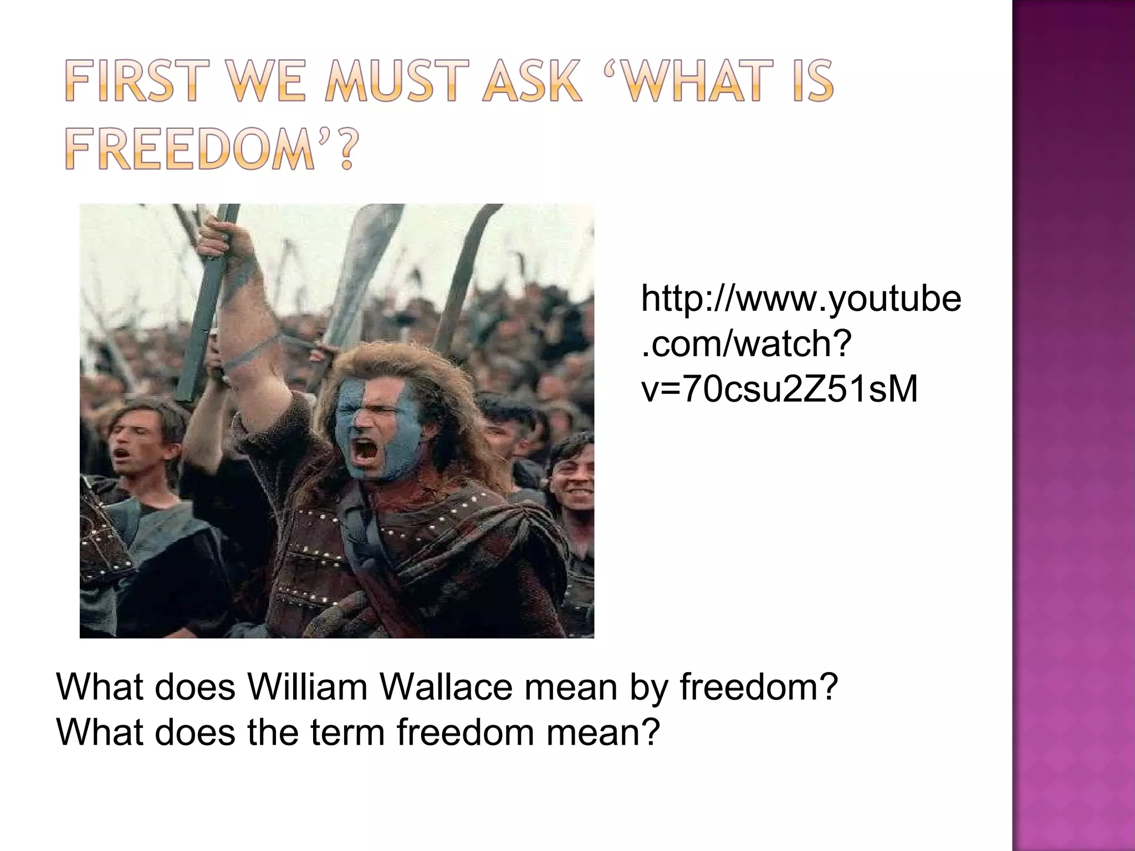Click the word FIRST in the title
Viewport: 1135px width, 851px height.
click(x=131, y=83)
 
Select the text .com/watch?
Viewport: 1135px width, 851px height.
click(x=746, y=344)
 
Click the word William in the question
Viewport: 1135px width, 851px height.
click(x=308, y=687)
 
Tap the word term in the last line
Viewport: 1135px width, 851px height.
click(x=347, y=732)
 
